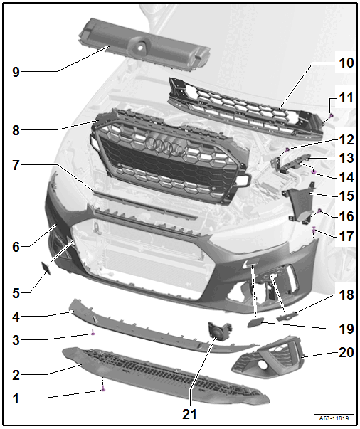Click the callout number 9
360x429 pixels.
16,73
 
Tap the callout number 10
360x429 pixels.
346,63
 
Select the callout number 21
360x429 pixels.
189,415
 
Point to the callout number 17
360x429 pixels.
346,236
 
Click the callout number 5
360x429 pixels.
16,293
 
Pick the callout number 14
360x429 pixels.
346,177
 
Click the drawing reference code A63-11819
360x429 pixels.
334,418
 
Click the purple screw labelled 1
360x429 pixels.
103,389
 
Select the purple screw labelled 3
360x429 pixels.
93,334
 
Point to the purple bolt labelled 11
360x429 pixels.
332,116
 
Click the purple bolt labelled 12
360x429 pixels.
287,149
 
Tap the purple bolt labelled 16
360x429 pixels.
319,211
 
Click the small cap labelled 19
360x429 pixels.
255,324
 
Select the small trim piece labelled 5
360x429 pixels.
46,268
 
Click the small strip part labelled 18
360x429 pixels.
287,317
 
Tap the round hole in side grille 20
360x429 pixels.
264,364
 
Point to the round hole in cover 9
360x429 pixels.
140,47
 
